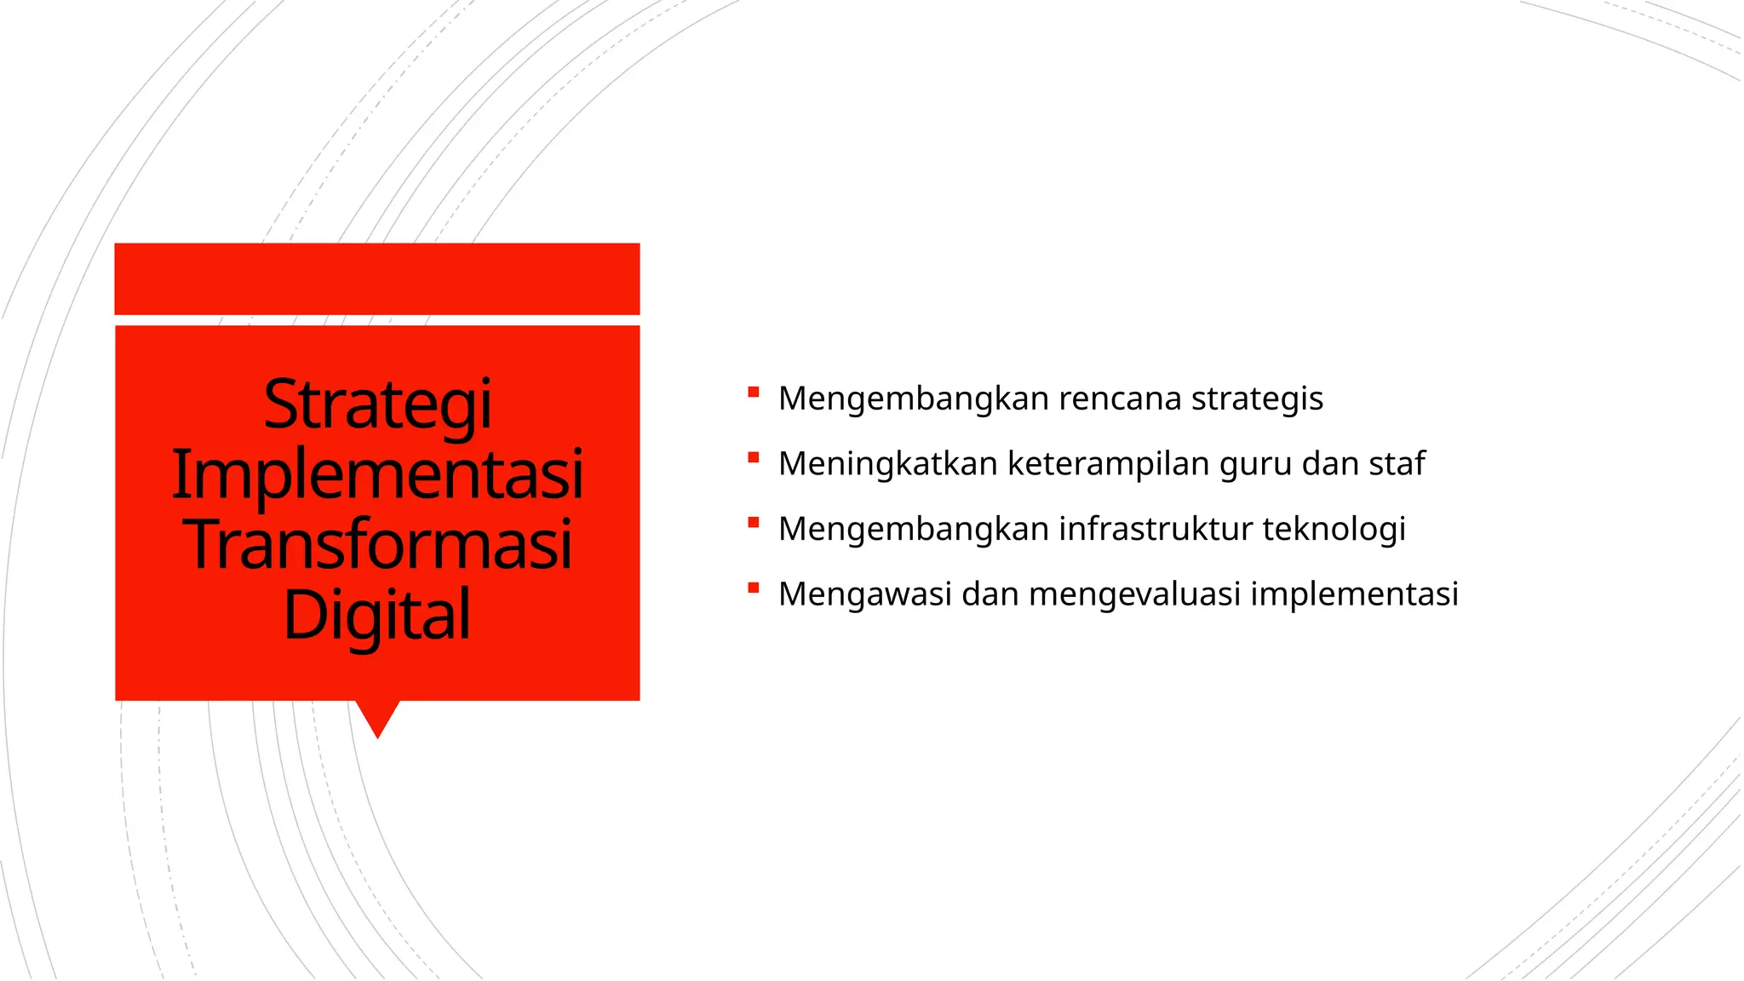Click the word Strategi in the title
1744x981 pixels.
pyautogui.click(x=377, y=404)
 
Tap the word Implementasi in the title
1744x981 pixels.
pyautogui.click(x=377, y=474)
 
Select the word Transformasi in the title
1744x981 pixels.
pyautogui.click(x=377, y=545)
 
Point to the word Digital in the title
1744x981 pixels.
pyautogui.click(x=377, y=615)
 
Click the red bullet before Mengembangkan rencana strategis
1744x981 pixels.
pyautogui.click(x=753, y=393)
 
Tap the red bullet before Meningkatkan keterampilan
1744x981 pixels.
pyautogui.click(x=753, y=458)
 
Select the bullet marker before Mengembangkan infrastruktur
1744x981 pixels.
pyautogui.click(x=753, y=523)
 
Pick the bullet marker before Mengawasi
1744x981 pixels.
pyautogui.click(x=753, y=588)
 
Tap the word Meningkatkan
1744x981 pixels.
pyautogui.click(x=887, y=464)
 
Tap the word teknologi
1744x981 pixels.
pyautogui.click(x=1334, y=530)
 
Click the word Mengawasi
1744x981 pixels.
pyautogui.click(x=864, y=594)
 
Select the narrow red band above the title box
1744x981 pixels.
pyautogui.click(x=377, y=278)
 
